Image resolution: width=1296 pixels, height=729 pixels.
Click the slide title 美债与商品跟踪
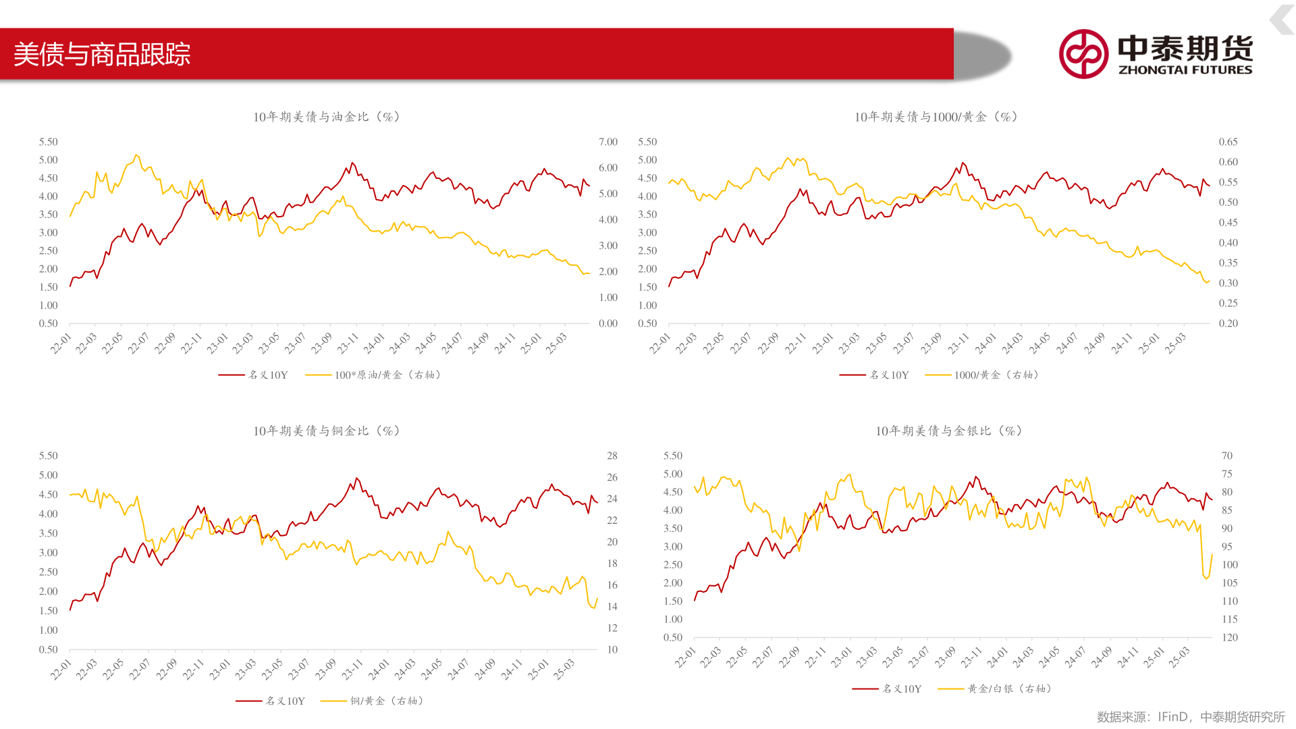click(102, 54)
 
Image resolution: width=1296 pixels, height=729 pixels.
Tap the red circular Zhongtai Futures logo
click(1083, 54)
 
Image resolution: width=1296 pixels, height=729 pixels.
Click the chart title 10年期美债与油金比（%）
click(327, 117)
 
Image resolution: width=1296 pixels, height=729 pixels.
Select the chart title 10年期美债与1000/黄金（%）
click(936, 117)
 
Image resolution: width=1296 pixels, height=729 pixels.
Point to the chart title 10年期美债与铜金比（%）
click(327, 431)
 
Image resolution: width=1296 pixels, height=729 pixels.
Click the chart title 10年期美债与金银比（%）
click(948, 431)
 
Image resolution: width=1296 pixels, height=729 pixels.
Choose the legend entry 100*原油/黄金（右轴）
click(387, 375)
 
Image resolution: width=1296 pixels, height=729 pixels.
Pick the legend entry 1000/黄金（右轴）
click(996, 375)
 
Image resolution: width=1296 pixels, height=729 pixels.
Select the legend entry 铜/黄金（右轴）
click(386, 701)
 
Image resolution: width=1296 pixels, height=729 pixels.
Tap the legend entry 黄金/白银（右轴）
click(1008, 688)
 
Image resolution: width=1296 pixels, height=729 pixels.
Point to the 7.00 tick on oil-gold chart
click(607, 142)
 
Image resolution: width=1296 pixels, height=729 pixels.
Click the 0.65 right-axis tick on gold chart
click(1228, 142)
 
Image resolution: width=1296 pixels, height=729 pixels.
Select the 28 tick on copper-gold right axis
click(612, 456)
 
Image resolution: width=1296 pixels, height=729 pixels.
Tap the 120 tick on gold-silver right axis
click(1229, 637)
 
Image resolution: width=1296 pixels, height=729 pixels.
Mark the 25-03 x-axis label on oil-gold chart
click(557, 344)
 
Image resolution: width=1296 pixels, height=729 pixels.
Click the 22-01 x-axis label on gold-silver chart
click(685, 657)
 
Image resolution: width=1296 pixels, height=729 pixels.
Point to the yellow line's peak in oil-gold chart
click(136, 155)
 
